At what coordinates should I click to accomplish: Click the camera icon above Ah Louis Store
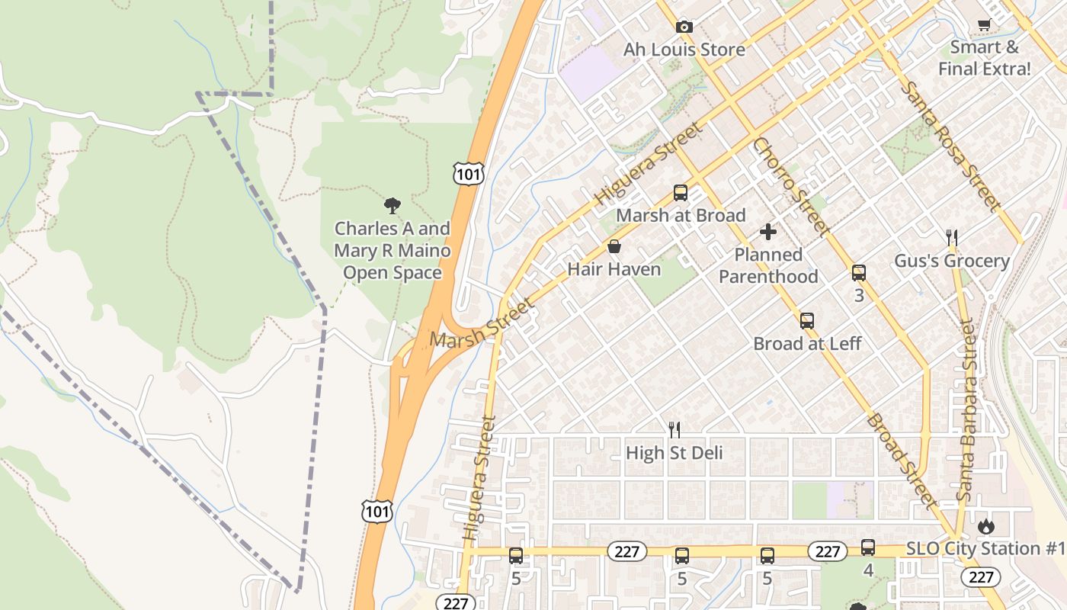coord(684,27)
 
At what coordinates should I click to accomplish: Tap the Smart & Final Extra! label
coord(984,58)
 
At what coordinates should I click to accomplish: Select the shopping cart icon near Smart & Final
coord(984,24)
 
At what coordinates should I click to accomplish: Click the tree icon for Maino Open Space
coord(393,204)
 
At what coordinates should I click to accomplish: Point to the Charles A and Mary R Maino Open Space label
coord(393,250)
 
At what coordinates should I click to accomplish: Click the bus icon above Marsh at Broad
coord(681,193)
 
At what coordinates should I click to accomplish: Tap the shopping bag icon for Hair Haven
coord(614,247)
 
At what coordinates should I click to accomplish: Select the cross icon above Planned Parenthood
coord(768,231)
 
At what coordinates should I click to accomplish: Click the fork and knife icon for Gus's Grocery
coord(951,238)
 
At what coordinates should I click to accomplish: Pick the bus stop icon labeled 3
coord(859,273)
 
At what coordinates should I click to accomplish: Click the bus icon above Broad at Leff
coord(807,321)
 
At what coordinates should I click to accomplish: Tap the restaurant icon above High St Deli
coord(674,430)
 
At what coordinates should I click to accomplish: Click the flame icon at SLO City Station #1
coord(986,526)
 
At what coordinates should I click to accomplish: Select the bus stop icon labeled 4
coord(868,547)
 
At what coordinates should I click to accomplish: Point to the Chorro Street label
coord(790,186)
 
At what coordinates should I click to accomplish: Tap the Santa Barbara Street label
coord(966,412)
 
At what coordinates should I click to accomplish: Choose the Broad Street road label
coord(901,461)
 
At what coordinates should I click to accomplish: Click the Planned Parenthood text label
coord(768,265)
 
